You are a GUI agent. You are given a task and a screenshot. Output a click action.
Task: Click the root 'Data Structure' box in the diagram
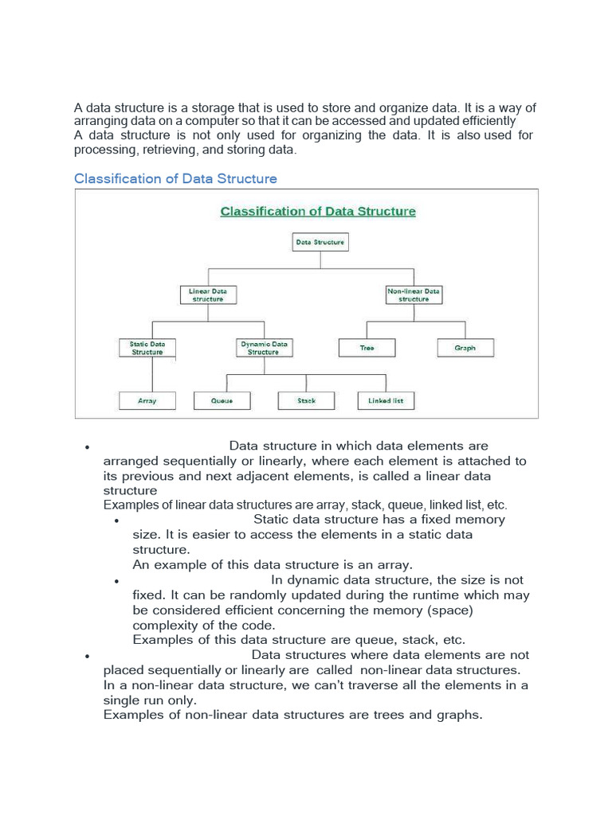(320, 242)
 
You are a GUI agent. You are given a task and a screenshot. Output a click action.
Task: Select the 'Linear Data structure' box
(207, 295)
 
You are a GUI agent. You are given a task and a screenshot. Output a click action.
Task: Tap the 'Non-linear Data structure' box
(414, 295)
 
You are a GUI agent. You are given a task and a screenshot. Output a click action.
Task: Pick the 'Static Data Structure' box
(147, 348)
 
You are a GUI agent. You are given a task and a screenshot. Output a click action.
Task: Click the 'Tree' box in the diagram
(367, 348)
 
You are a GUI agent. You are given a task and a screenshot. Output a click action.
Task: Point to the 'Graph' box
(465, 348)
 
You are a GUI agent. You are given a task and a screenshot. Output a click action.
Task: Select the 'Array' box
(147, 401)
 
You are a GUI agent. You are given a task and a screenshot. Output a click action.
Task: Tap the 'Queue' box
(222, 401)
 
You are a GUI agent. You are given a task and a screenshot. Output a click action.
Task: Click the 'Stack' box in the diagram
(306, 401)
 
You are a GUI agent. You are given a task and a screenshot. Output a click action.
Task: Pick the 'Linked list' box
(386, 401)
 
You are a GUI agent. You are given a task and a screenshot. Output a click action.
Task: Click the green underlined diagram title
(317, 212)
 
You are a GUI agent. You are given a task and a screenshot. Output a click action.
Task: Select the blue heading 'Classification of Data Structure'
(175, 178)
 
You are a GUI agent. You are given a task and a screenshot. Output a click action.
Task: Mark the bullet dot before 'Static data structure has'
(116, 521)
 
